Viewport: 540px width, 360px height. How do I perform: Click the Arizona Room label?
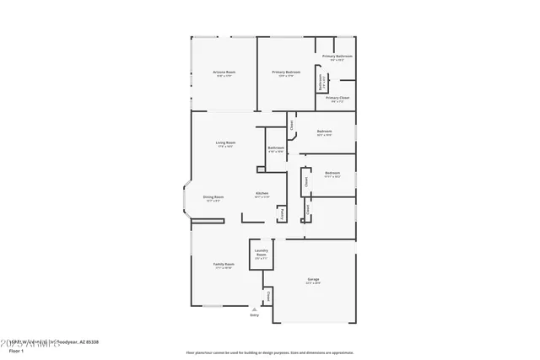coord(224,73)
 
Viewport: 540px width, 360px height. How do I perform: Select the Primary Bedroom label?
coord(286,73)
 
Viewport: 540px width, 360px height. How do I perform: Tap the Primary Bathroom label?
coord(337,57)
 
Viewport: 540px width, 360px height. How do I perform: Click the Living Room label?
coord(224,143)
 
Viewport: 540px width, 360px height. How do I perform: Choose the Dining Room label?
coord(213,197)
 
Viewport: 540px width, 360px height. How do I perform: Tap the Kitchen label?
coord(262,194)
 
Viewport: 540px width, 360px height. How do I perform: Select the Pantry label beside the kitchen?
coord(282,214)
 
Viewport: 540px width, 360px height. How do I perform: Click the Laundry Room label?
coord(262,252)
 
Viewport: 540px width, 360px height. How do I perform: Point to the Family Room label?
coord(224,265)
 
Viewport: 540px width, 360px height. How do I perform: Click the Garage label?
coord(313,281)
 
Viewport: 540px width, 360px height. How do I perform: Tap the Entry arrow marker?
coord(255,310)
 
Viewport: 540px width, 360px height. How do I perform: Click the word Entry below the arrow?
coord(255,316)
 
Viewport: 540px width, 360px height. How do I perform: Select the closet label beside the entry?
coord(268,296)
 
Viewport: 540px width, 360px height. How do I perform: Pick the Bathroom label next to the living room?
coord(276,148)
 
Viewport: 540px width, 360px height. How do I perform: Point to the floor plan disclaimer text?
coord(270,352)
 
